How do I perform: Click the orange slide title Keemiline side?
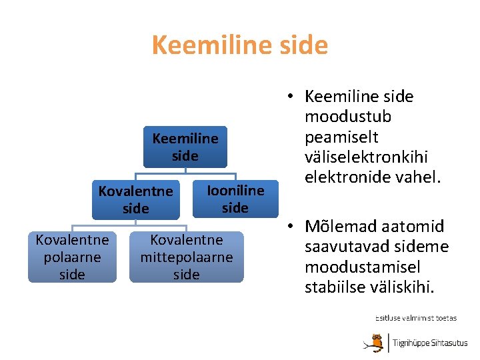240,45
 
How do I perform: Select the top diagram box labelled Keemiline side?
185,147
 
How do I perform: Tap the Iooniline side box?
235,199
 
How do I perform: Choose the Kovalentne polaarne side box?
72,257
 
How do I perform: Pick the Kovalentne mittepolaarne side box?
186,257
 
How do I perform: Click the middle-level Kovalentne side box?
136,200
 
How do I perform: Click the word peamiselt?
341,137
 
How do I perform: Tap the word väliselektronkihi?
366,157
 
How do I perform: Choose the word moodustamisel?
363,267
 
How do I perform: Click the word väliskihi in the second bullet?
407,287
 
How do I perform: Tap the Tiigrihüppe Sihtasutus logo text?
429,343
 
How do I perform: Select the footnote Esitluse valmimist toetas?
415,317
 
